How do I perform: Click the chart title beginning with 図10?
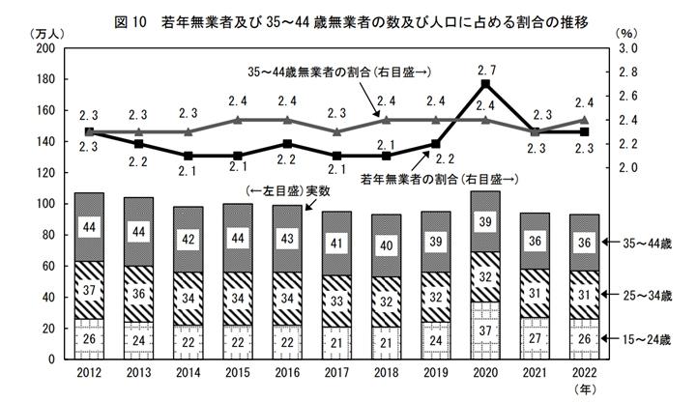(x=349, y=18)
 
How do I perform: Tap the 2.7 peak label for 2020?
(x=486, y=70)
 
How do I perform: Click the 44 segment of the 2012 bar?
(x=89, y=228)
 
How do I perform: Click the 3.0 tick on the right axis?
(x=628, y=48)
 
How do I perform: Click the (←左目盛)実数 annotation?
(x=289, y=191)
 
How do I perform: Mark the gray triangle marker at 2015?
(x=238, y=120)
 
